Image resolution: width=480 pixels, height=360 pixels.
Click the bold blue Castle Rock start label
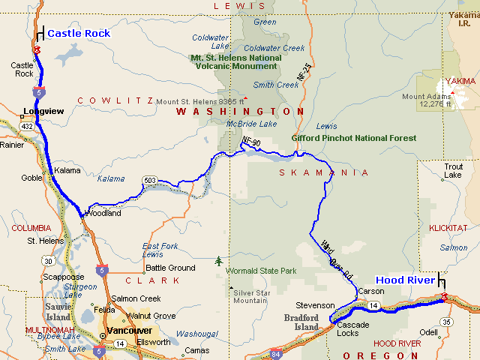click(78, 33)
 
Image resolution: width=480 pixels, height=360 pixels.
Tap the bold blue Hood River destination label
click(405, 280)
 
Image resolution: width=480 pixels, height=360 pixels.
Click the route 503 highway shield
click(151, 180)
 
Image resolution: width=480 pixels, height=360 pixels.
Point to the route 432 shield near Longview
click(27, 126)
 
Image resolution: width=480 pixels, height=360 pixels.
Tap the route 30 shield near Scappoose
click(49, 260)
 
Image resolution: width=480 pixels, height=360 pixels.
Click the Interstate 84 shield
click(277, 353)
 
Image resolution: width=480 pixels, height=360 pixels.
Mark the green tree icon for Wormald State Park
click(218, 261)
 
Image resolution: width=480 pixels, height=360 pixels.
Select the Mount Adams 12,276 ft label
click(426, 100)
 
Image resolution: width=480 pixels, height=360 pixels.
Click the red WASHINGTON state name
click(238, 111)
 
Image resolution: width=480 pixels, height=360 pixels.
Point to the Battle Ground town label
click(170, 268)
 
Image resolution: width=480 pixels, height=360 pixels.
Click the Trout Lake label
click(454, 170)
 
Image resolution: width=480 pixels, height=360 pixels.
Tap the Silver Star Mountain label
click(250, 296)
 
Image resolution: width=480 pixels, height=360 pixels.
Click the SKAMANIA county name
click(324, 172)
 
